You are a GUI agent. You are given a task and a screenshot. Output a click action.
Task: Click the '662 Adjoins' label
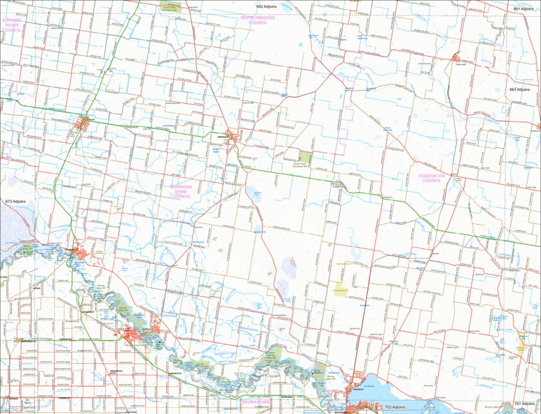coord(266,6)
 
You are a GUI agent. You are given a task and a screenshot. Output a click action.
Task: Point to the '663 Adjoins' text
coord(520,89)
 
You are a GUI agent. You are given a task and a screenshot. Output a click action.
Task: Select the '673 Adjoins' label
coord(15,202)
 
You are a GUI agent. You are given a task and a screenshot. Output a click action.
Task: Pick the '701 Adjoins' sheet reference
coord(526,404)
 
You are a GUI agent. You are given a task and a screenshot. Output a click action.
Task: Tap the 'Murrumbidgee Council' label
coord(257,19)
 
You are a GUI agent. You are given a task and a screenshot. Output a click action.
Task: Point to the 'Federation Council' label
coord(430,178)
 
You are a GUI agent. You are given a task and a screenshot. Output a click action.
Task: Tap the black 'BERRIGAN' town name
coord(223,137)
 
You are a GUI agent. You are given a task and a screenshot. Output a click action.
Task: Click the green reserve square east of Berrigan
coord(305,157)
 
